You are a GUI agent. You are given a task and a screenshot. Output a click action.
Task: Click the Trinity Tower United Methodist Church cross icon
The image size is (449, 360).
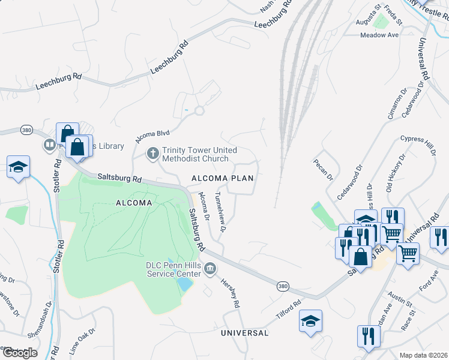click(x=153, y=154)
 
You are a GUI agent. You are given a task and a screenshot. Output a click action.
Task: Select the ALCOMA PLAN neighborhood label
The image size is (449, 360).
click(x=222, y=179)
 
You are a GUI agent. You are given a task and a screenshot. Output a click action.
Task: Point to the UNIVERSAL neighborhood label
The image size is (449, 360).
click(x=244, y=332)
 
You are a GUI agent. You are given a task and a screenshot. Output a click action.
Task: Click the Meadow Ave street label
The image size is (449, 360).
click(x=379, y=35)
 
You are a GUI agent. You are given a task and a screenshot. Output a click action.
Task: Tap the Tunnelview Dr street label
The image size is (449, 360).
click(x=220, y=212)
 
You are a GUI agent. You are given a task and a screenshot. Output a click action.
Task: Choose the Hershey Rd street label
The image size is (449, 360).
click(x=230, y=293)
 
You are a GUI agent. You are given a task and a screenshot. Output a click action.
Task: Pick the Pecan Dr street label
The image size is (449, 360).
click(x=322, y=170)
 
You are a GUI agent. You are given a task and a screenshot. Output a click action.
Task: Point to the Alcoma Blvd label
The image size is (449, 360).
click(x=153, y=134)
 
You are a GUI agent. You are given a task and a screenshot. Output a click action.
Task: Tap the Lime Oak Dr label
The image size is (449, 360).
click(x=82, y=339)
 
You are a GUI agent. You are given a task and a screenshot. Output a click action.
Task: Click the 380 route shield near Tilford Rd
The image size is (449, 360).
click(x=282, y=287)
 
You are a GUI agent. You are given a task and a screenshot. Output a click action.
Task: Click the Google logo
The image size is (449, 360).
click(x=20, y=353)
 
